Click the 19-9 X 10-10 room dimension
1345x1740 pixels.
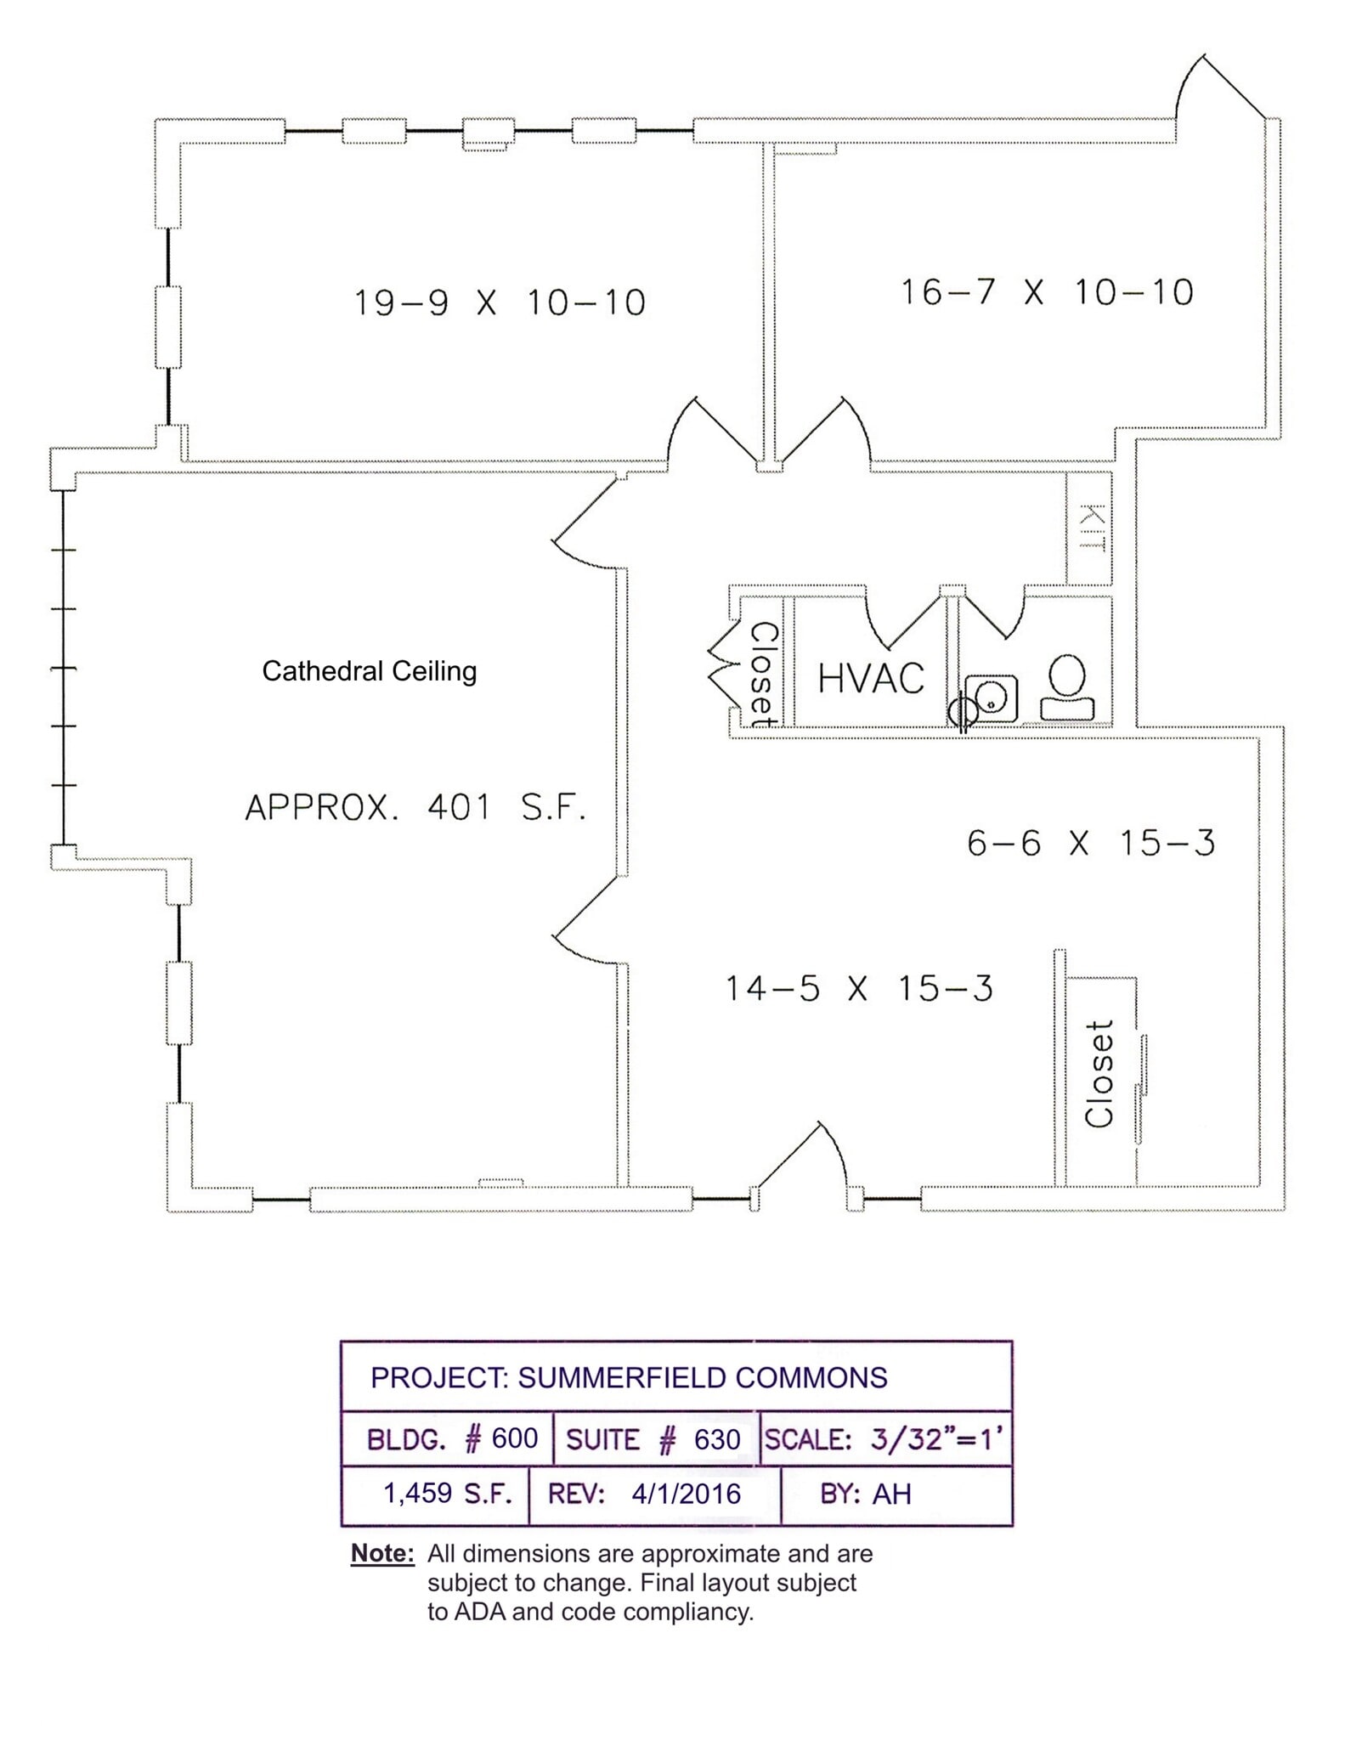[500, 303]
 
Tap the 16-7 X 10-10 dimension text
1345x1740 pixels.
[1047, 293]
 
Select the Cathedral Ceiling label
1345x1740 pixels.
[369, 671]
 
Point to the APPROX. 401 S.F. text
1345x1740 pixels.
[415, 807]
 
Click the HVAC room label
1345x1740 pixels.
[871, 679]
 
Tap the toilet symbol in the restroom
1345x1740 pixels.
[1067, 686]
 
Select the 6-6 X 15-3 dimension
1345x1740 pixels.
[1091, 844]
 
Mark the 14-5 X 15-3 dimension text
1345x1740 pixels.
[858, 989]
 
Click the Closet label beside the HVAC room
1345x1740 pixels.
[762, 675]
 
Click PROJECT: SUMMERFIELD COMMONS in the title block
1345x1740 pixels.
[629, 1377]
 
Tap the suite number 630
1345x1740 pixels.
[717, 1439]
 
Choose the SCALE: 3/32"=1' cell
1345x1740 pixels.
[884, 1439]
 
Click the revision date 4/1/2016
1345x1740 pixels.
[686, 1494]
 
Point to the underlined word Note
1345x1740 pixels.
[382, 1553]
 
